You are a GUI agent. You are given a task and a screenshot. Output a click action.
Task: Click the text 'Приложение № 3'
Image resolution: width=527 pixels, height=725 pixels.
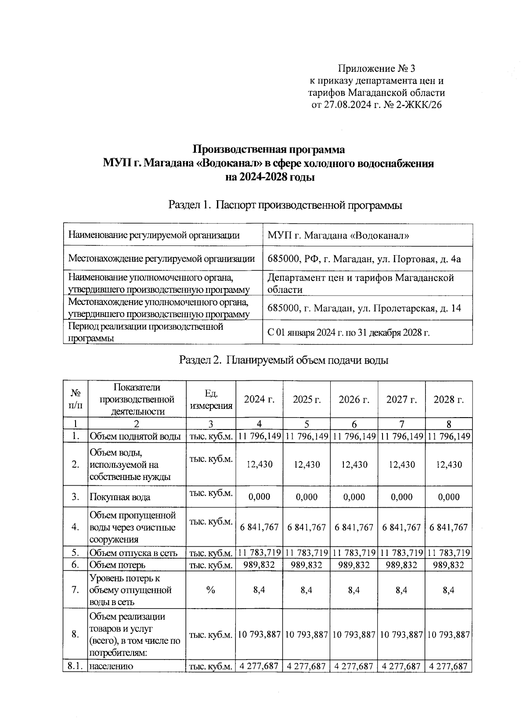(x=376, y=69)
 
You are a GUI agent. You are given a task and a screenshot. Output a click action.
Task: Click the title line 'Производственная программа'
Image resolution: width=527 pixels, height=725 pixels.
(x=269, y=149)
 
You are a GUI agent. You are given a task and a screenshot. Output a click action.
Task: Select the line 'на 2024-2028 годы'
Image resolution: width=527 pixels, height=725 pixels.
(x=269, y=177)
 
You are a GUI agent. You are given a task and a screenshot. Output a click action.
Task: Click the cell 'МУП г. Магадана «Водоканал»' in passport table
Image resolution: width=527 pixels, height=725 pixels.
(x=339, y=235)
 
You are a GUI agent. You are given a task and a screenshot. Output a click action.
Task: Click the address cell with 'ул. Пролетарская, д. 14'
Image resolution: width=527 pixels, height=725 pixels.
(x=364, y=308)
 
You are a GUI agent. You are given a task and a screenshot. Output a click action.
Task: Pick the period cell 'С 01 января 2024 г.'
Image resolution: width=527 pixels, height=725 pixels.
(x=348, y=332)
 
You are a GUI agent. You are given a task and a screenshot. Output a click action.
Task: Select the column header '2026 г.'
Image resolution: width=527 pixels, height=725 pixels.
(x=354, y=400)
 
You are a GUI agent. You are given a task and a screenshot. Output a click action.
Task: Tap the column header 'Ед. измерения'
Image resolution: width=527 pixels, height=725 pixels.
(x=211, y=399)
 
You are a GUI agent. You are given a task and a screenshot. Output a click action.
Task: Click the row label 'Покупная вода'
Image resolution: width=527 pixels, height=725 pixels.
(x=120, y=497)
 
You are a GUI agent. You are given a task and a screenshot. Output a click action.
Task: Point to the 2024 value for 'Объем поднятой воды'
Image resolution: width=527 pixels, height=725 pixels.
(x=260, y=436)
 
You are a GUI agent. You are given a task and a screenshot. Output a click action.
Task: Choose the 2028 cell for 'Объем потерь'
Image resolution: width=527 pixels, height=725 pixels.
(x=448, y=565)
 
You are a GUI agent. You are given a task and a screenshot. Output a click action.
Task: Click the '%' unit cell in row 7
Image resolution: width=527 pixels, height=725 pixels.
(x=211, y=590)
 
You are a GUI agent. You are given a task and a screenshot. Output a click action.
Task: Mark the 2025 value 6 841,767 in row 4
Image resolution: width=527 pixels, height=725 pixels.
(x=307, y=527)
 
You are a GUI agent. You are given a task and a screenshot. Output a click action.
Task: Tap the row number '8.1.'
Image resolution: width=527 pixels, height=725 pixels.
(x=75, y=678)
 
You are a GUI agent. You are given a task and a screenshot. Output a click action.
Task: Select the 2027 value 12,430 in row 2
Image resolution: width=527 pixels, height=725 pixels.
(x=401, y=465)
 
